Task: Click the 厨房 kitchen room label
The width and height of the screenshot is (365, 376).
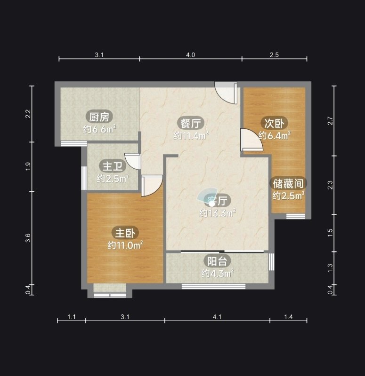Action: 99,117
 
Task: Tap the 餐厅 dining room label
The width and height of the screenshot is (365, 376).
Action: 191,124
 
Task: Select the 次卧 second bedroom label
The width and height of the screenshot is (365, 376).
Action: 274,123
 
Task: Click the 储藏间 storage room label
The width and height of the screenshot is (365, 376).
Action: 288,184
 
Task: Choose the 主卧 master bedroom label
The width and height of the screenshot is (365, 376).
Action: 125,233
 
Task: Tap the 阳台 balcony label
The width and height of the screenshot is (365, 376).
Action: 217,261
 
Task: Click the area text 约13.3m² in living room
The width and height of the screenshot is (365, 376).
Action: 218,213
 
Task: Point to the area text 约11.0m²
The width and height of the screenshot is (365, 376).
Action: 125,245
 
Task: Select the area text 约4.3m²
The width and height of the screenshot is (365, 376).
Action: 218,274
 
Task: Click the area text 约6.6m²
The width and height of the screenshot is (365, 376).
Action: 99,129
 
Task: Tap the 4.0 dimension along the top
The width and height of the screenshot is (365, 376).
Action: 191,55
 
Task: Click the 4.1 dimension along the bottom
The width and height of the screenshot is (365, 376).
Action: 217,317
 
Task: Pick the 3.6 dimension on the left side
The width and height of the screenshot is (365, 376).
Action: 28,238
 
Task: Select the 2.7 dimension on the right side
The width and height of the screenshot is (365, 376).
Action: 330,121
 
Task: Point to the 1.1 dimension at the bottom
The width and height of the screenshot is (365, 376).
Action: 72,317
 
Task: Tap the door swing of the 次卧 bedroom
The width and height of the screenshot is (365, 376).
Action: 252,140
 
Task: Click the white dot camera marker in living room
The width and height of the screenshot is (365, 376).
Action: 211,204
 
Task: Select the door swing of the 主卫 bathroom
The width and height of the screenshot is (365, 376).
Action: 133,161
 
